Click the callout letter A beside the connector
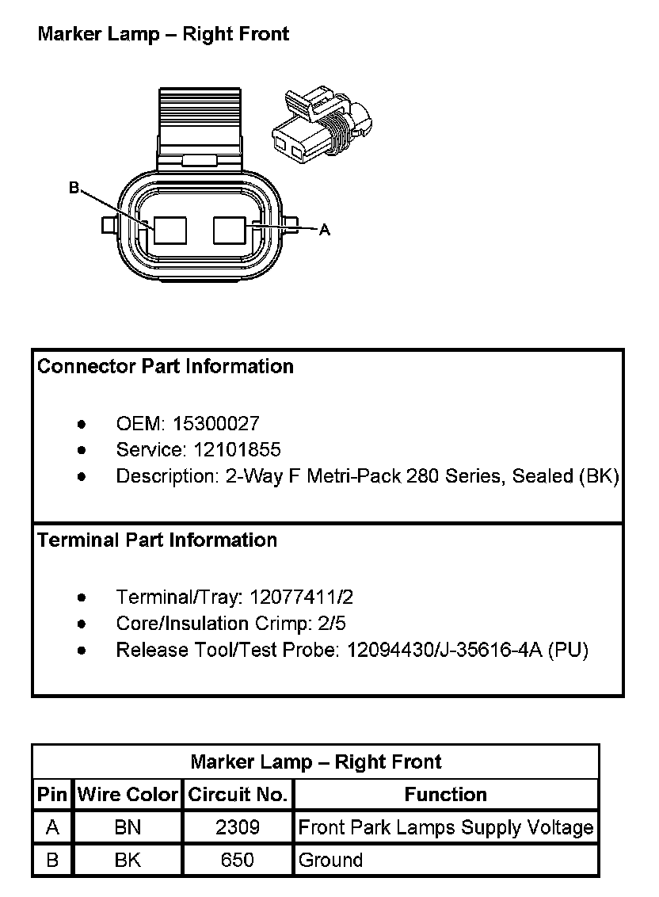pos(324,230)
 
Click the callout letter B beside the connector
pos(74,188)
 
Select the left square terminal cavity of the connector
pos(170,230)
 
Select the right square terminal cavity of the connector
pos(230,230)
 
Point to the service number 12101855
pos(237,450)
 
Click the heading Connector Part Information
pos(166,366)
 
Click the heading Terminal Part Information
pos(157,540)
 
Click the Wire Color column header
pos(128,795)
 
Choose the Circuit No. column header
pos(238,795)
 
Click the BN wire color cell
pos(128,828)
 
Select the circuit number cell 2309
pos(238,828)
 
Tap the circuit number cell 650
pos(238,861)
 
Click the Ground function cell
pos(330,861)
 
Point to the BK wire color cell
pos(128,861)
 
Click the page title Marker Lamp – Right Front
pos(163,34)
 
